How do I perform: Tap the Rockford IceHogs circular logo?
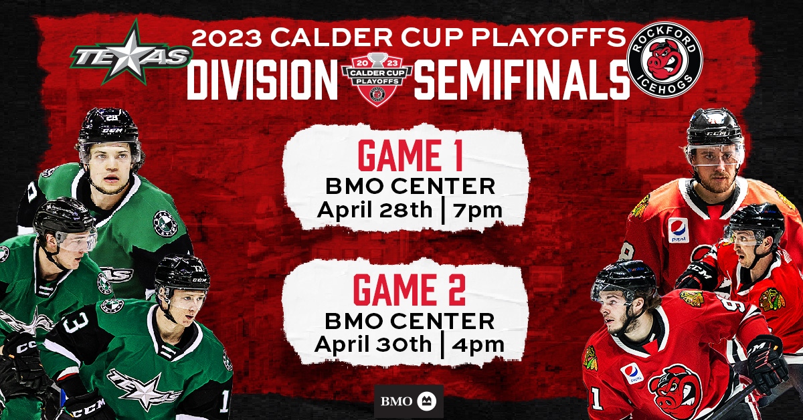point(664,60)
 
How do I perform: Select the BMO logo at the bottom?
point(409,401)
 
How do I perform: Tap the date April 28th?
point(375,209)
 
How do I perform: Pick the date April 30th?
point(373,344)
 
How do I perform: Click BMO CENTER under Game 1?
point(410,187)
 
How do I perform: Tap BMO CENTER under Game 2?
point(410,321)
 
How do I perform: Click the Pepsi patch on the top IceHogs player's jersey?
point(679,231)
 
